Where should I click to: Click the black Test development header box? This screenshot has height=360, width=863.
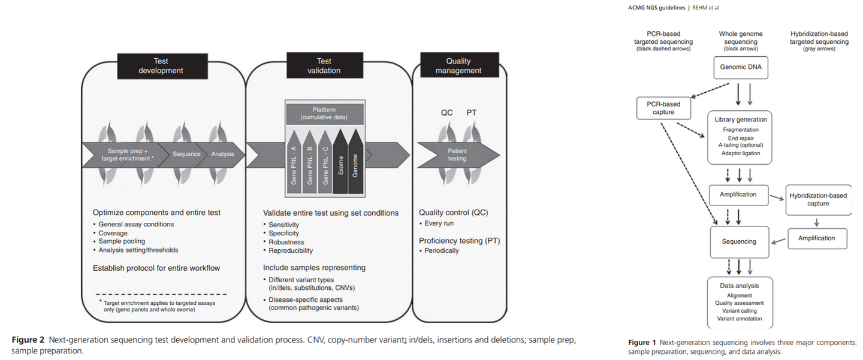[161, 65]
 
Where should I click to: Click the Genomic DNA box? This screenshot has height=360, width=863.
[740, 67]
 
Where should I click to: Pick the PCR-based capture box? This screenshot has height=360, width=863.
[663, 108]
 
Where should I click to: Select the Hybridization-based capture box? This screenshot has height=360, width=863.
[817, 199]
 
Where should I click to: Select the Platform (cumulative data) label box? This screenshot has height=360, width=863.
[325, 113]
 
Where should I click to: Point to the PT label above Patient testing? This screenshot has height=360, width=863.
[472, 112]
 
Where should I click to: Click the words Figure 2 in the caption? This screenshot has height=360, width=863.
[28, 340]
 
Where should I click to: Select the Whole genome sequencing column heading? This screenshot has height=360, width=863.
[741, 41]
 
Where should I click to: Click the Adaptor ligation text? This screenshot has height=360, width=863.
[741, 153]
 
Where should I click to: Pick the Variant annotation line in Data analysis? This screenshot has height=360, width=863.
[740, 319]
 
